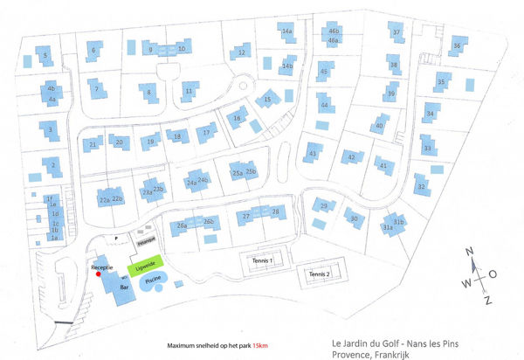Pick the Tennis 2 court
click(319, 274)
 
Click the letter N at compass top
click(469, 253)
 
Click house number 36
click(457, 46)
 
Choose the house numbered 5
click(45, 58)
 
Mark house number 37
click(396, 32)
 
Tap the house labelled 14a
click(286, 32)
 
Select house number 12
click(241, 53)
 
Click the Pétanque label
click(145, 238)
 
